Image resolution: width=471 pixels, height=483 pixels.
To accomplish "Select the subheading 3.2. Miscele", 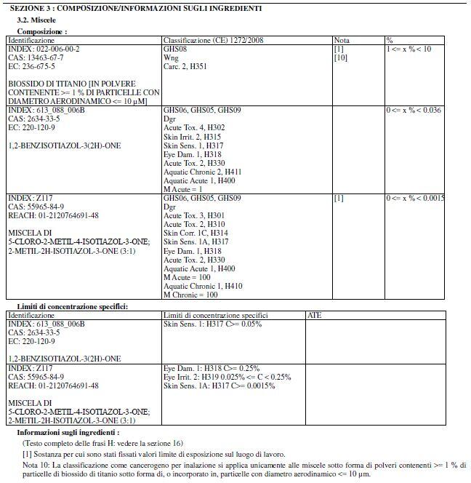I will (36, 20).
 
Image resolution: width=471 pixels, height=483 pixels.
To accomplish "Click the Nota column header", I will (342, 41).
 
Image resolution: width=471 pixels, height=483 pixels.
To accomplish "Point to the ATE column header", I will (315, 316).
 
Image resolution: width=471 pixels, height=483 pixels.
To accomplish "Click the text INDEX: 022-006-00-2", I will (44, 49).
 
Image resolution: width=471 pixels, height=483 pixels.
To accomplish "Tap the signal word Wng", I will (171, 57).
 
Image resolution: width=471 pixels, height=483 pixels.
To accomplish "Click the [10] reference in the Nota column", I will (340, 57).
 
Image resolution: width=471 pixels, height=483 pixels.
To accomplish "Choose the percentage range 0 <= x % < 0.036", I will (414, 110).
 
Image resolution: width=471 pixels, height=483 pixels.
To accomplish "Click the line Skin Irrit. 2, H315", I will (193, 137).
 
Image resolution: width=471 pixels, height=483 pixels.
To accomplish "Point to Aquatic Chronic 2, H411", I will (199, 172).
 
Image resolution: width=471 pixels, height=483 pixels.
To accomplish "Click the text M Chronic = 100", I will (190, 295).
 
